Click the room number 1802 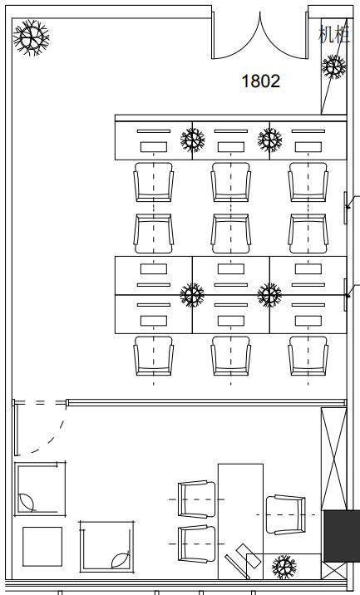(261, 81)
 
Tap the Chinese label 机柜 (333, 34)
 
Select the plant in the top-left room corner (31, 37)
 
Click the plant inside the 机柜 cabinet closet (333, 67)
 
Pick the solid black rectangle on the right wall (342, 536)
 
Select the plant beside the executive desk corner (284, 567)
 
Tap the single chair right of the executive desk (286, 514)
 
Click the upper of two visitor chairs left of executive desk (197, 499)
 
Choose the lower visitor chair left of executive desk (197, 543)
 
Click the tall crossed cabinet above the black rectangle (333, 459)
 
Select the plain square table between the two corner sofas (42, 547)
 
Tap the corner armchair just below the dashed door (40, 489)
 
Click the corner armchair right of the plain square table (106, 547)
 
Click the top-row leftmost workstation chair (154, 182)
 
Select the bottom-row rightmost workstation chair (308, 356)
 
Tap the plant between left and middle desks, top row (193, 140)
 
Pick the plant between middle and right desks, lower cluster (269, 295)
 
